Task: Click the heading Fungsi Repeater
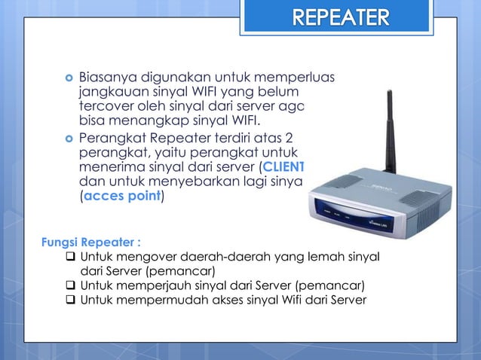[x=91, y=243]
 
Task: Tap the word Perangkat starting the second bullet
[x=112, y=138]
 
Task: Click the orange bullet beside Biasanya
[x=69, y=77]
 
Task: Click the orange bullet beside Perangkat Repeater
[x=69, y=139]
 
